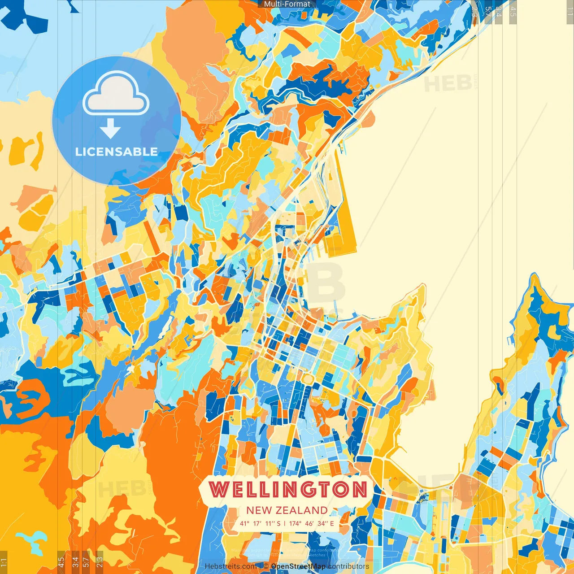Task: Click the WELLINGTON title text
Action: coord(287,489)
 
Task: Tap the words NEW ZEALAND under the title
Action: coord(287,510)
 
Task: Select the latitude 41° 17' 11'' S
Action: coord(260,523)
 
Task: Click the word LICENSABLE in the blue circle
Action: coord(116,152)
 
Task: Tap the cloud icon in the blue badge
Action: coord(116,93)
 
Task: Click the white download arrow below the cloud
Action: coord(110,129)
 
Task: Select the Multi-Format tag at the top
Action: coord(287,4)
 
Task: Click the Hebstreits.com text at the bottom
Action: coord(230,566)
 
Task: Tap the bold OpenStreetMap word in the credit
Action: coord(298,566)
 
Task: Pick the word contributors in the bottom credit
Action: coord(348,566)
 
